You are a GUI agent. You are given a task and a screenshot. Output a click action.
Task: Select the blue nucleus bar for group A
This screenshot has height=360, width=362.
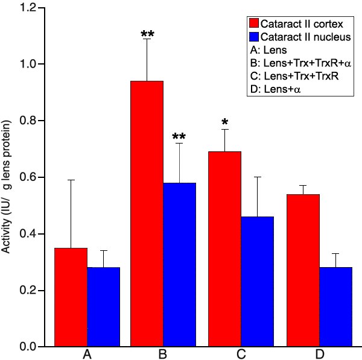coord(103,307)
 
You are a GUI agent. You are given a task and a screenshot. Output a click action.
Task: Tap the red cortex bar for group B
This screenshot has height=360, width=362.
coord(147,214)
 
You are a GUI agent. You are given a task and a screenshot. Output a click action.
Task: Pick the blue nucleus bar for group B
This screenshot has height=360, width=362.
coord(180,265)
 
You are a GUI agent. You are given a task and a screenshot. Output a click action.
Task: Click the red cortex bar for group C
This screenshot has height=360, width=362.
coord(224,249)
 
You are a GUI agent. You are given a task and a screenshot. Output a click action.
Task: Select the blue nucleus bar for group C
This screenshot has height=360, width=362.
coord(257,282)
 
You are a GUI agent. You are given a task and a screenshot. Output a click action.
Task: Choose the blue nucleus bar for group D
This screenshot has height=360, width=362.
coord(335,307)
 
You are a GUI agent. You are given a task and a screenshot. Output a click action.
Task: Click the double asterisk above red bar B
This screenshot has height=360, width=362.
coord(147,34)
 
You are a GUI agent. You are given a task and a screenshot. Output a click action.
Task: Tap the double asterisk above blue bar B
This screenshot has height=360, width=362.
coord(180,137)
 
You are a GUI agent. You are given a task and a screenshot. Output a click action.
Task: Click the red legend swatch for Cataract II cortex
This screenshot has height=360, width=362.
coord(253,24)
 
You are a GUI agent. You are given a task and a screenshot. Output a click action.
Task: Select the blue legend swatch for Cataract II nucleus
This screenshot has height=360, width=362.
coord(253,37)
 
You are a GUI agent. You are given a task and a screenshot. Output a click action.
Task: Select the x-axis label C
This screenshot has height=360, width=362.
coord(241,354)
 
